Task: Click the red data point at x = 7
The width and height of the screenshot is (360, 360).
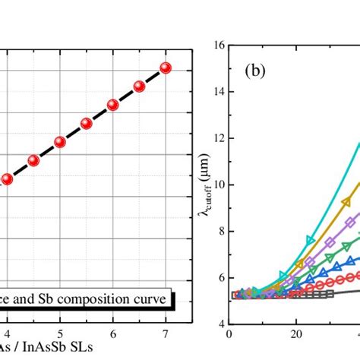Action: click(166, 68)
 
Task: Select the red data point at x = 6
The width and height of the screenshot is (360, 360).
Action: click(112, 105)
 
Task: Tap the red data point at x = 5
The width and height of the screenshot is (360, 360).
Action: click(59, 142)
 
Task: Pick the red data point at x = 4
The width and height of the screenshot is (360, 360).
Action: click(7, 179)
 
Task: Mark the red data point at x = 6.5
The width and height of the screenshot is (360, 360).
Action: click(139, 87)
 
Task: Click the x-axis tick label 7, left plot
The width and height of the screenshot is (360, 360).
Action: click(166, 333)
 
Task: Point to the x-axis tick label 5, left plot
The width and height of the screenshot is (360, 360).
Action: click(60, 333)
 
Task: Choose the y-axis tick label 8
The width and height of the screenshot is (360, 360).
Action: click(219, 231)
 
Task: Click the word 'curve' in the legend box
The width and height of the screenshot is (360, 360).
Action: click(150, 299)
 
